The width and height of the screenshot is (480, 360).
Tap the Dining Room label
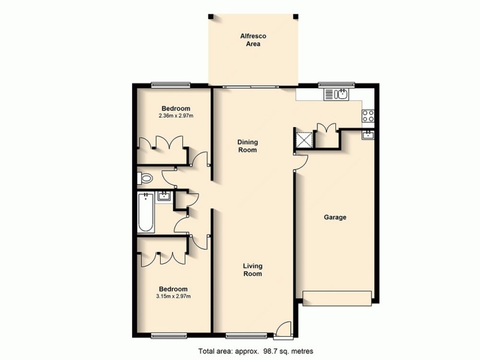[247, 146]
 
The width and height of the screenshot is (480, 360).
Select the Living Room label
[252, 270]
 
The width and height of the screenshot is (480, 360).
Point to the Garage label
[335, 217]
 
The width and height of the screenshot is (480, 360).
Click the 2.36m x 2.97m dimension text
[176, 116]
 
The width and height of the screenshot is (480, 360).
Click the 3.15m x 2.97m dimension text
[173, 296]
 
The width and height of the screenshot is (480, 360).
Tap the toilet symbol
[145, 178]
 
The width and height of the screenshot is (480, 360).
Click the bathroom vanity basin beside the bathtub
[164, 196]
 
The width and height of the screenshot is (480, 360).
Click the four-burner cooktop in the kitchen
[368, 116]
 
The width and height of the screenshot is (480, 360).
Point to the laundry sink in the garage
[367, 136]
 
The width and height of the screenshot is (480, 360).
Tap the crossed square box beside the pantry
[305, 139]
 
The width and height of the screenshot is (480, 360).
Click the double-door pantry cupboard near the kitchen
[325, 133]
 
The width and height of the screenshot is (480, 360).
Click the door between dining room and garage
[300, 161]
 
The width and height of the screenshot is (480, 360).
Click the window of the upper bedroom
[170, 85]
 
